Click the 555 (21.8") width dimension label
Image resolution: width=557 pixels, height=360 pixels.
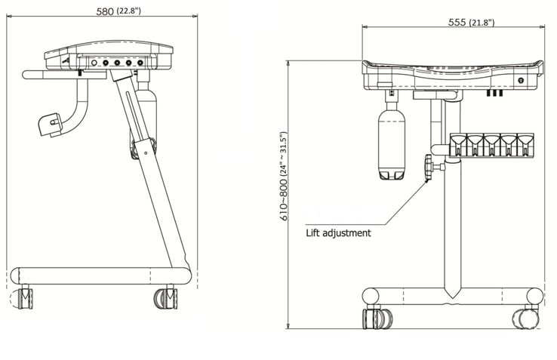click(471, 22)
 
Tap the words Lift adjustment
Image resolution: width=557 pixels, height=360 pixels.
click(338, 232)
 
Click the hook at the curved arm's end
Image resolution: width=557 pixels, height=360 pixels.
click(51, 125)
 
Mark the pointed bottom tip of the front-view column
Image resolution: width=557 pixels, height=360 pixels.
click(451, 294)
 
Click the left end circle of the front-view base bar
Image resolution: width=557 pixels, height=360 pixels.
click(371, 295)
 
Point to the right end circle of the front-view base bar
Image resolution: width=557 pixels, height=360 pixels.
click(534, 296)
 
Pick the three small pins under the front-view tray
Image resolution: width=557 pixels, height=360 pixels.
click(494, 94)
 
